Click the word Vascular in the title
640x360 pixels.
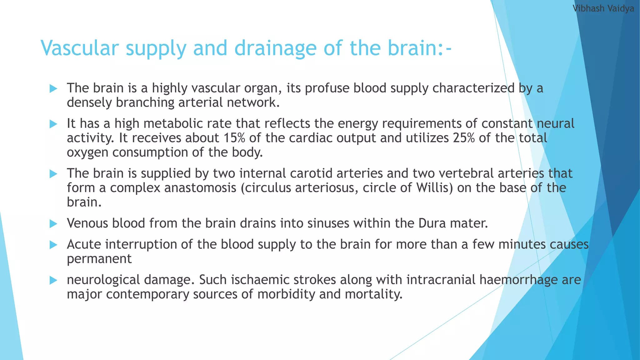pos(80,48)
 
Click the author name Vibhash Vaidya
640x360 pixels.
pos(603,8)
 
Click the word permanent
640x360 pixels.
pos(99,259)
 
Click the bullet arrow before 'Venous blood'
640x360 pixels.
pos(53,224)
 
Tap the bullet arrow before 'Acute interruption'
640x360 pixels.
pos(53,245)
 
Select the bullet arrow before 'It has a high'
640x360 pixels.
pos(53,124)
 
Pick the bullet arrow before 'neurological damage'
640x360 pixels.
pos(53,280)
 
